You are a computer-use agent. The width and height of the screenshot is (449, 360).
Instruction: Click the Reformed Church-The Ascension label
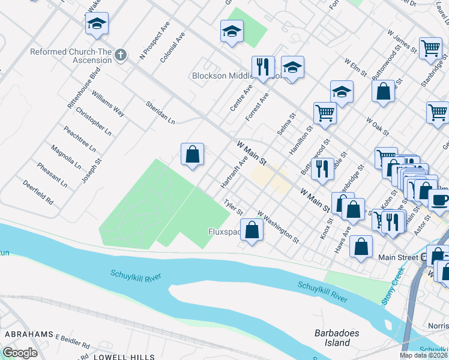point(71,56)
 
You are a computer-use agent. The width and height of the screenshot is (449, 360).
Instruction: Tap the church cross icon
point(121,56)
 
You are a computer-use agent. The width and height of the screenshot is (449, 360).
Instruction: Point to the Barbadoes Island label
point(332,338)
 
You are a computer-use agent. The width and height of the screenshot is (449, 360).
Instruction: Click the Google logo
point(20,353)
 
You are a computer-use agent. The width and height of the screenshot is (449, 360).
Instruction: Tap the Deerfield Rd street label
point(38,191)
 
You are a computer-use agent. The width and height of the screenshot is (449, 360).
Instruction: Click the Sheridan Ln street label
point(160,112)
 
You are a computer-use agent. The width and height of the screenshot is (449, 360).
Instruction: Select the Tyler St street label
point(233,208)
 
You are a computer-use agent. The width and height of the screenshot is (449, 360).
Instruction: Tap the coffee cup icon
point(439,200)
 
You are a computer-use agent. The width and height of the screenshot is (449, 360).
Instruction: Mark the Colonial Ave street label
point(173,48)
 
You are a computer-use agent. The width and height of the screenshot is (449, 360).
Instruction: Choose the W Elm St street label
point(355,68)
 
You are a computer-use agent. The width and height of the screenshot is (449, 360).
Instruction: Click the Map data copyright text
point(423,355)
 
